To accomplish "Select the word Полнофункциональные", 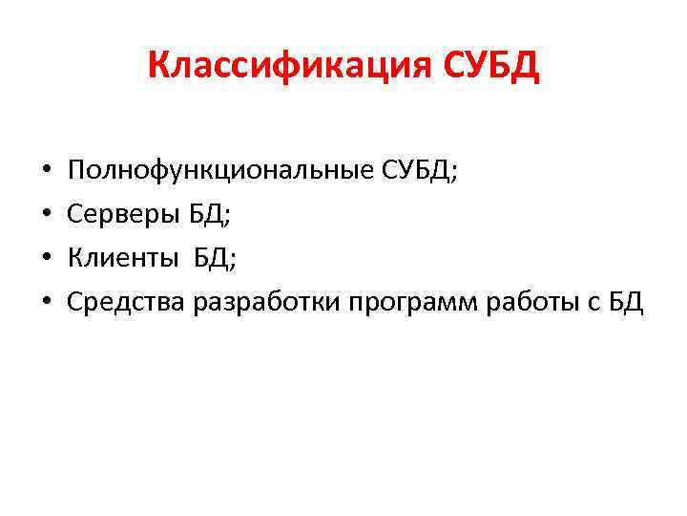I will [x=205, y=173].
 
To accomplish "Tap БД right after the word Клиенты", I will [x=215, y=259].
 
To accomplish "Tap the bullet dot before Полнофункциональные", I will [x=47, y=174].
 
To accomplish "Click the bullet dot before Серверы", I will [x=47, y=217].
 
